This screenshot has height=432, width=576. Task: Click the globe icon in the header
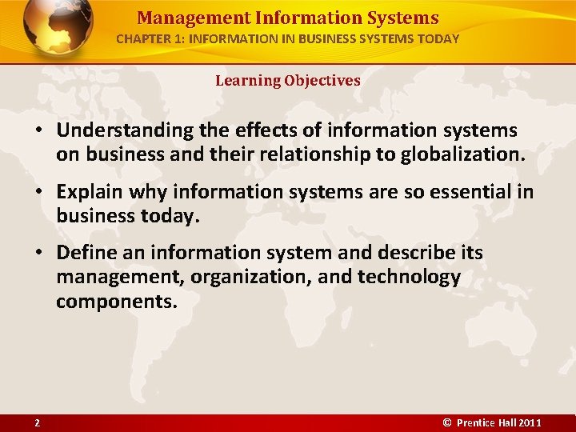pos(58,27)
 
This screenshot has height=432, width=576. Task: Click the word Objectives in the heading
pos(322,80)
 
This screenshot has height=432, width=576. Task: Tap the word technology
pos(409,278)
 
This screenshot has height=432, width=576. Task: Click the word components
pos(116,302)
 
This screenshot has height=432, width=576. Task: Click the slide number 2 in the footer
pos(37,422)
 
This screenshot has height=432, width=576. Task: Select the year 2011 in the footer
pos(530,422)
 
